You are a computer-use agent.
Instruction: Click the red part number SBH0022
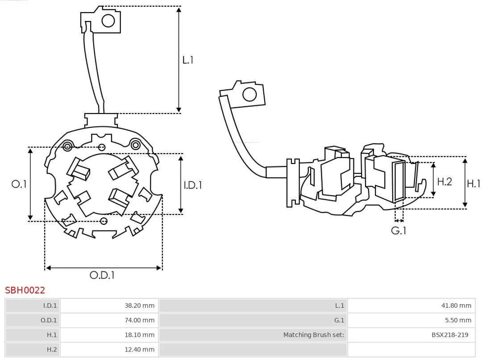25,290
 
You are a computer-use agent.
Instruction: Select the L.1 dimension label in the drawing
188,60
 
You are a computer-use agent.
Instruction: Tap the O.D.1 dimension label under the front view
102,275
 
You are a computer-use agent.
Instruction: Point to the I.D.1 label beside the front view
193,184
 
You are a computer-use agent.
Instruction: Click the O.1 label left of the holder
19,184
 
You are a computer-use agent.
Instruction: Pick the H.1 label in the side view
473,183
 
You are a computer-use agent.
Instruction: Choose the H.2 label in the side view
445,181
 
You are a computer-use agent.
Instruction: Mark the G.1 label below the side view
399,230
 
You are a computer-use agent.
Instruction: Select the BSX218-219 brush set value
450,335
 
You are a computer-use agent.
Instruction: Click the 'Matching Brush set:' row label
314,335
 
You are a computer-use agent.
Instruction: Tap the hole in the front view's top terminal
108,21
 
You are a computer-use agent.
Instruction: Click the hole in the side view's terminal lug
249,95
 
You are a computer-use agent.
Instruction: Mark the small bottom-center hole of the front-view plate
104,221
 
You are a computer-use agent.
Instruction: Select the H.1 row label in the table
52,335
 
